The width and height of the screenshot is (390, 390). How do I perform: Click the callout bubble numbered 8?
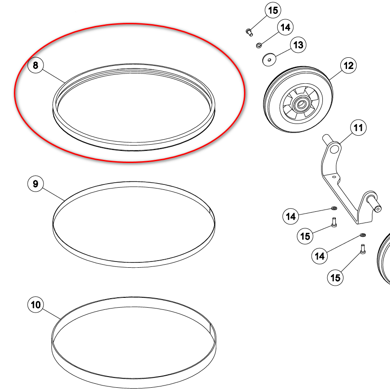[35, 65]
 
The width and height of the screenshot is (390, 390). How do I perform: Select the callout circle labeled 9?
[35, 184]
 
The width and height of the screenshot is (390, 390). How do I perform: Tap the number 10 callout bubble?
[35, 304]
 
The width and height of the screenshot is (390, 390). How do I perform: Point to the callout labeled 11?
[358, 128]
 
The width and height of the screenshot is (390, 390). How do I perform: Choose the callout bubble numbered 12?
[348, 65]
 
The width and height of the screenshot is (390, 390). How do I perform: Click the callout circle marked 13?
[298, 45]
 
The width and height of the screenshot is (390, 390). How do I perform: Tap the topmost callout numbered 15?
[273, 10]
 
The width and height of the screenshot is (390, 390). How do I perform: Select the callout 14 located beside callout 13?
[285, 27]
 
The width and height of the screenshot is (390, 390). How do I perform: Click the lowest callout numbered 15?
[335, 278]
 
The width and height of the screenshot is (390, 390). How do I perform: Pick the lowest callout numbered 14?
[320, 256]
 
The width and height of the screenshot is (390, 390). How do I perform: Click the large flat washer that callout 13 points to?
[269, 60]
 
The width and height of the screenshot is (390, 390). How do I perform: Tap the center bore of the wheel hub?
[301, 104]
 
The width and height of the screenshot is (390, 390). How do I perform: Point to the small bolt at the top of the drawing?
[249, 32]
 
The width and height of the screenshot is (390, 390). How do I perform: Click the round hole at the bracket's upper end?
[334, 150]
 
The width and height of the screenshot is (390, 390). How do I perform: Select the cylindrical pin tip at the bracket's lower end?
[377, 209]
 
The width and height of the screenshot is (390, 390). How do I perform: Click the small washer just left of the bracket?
[334, 208]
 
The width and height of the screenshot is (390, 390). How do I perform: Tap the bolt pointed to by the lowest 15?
[363, 249]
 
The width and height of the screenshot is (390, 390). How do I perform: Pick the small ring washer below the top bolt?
[259, 46]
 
